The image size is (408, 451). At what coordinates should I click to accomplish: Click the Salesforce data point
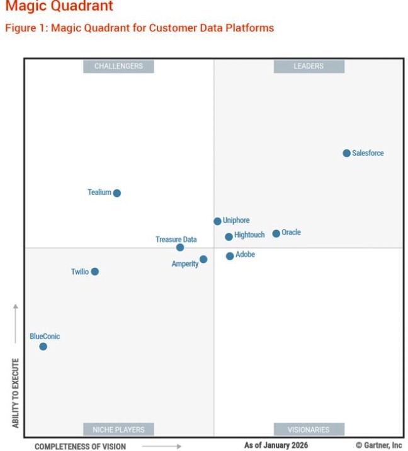(346, 153)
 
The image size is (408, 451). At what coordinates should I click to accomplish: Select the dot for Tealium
(116, 193)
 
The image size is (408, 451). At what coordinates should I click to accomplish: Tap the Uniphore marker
(217, 221)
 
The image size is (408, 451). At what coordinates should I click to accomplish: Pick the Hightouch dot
(229, 237)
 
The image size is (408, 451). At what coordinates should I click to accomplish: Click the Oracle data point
(276, 233)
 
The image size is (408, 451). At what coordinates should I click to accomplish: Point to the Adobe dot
(230, 256)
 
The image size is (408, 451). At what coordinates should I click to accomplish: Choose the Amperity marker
(203, 259)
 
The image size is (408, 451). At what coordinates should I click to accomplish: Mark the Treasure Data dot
(180, 247)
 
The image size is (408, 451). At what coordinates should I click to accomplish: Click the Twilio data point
(94, 272)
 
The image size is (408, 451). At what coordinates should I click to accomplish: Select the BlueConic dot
(43, 347)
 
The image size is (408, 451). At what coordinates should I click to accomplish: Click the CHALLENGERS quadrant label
(118, 66)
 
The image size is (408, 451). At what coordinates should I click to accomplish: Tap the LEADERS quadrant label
(309, 66)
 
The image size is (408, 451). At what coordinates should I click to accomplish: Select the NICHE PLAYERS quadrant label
(118, 430)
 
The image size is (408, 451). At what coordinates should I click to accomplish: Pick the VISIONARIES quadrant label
(309, 430)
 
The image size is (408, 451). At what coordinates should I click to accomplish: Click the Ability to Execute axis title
(16, 393)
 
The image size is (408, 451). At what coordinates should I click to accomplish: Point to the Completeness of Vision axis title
(80, 446)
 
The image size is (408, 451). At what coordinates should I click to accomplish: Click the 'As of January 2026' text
(276, 445)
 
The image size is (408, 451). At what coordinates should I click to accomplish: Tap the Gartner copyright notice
(378, 445)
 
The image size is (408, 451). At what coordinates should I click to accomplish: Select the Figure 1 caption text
(139, 28)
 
